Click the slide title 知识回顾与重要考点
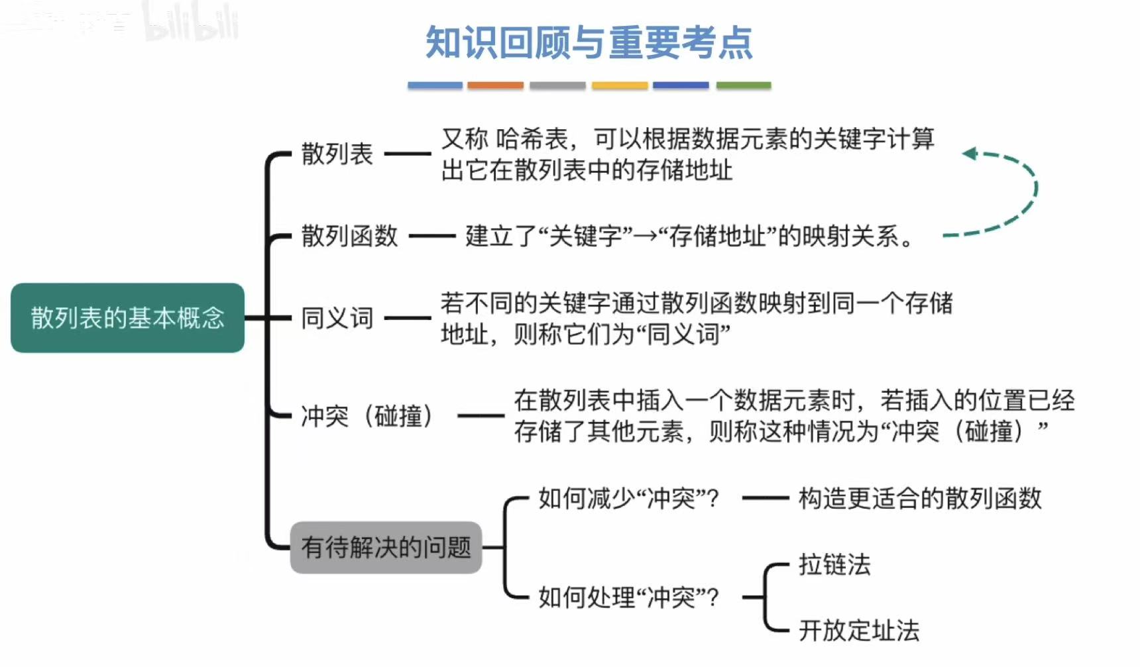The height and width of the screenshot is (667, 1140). [x=589, y=43]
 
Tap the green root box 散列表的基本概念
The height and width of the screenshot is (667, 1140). [x=127, y=318]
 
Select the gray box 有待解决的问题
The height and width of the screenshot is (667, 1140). [x=386, y=547]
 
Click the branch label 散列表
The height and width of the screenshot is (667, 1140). [x=337, y=154]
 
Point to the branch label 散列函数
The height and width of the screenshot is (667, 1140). [x=349, y=236]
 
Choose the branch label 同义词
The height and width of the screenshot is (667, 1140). [x=337, y=318]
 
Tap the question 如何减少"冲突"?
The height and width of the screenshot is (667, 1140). [x=628, y=498]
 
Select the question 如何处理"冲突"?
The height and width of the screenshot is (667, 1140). [x=628, y=597]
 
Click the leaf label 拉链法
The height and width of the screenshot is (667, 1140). [x=834, y=564]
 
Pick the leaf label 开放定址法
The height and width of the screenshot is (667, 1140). [x=859, y=630]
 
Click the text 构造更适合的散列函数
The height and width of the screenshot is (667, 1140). [x=920, y=498]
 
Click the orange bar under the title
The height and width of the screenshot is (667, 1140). [x=495, y=85]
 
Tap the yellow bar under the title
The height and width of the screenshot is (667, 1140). [x=619, y=85]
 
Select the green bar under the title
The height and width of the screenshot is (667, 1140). [x=744, y=85]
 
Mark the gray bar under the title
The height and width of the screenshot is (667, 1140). [x=557, y=85]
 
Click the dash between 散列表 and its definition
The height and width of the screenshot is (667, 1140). [x=408, y=154]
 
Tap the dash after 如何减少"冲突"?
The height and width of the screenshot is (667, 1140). [x=766, y=498]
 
